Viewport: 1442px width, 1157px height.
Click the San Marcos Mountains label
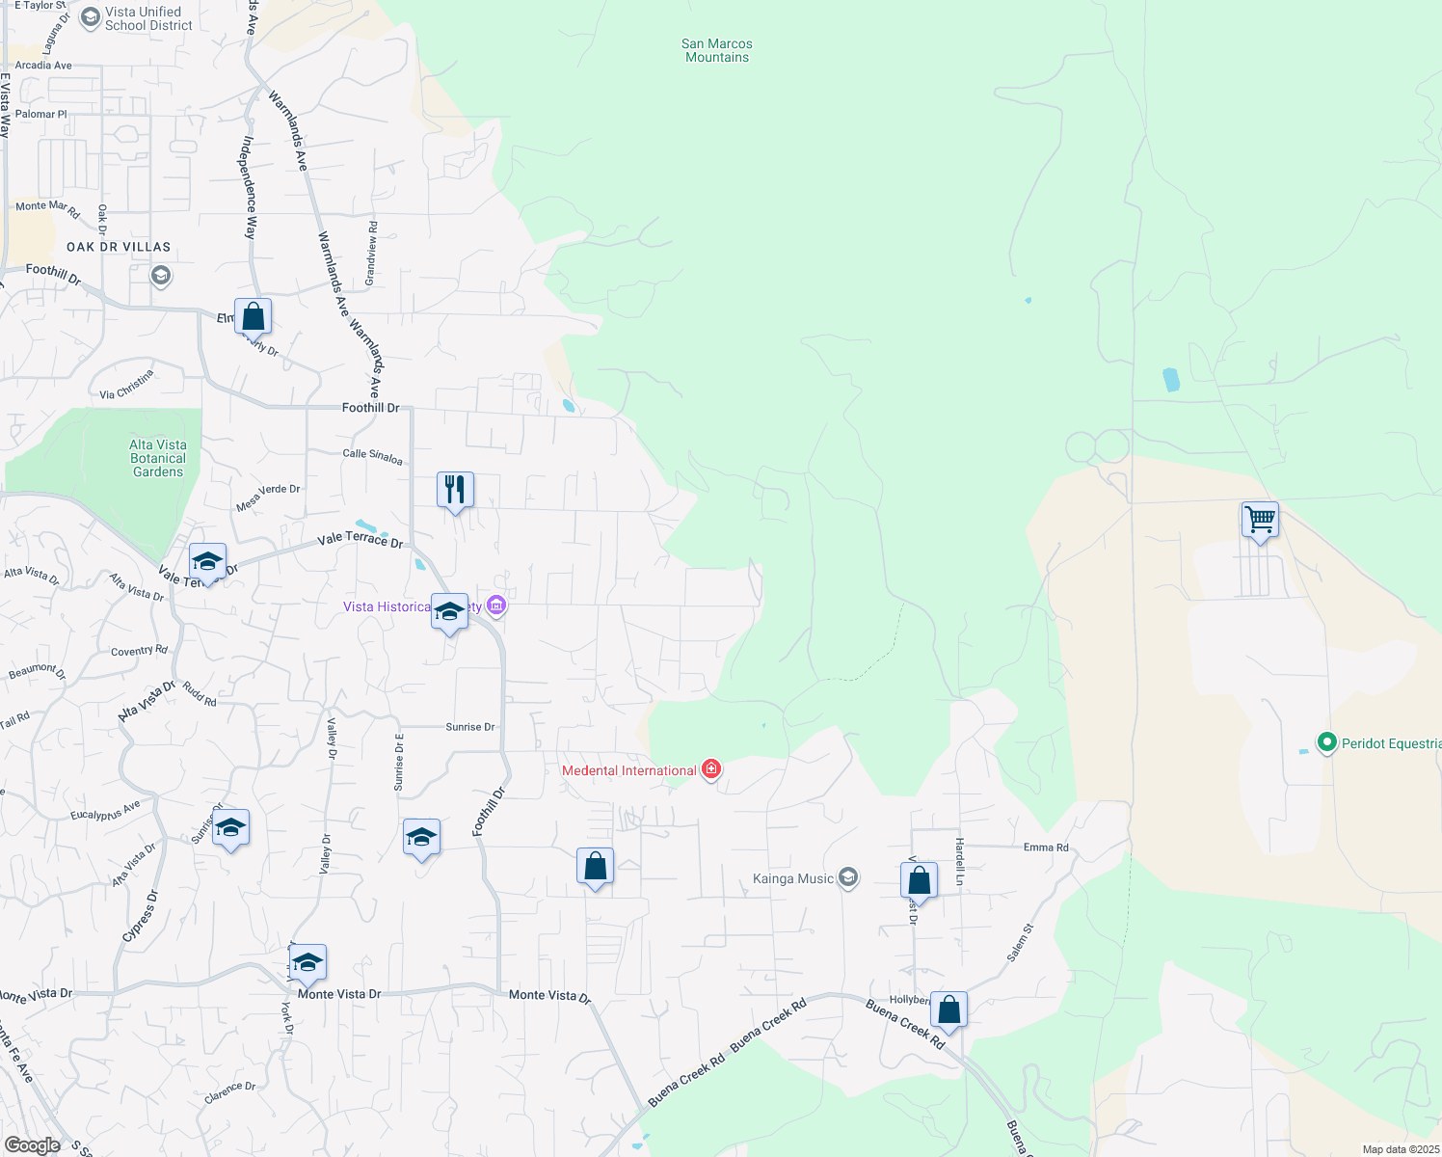[x=716, y=50]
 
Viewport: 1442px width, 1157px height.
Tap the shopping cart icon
[x=1260, y=520]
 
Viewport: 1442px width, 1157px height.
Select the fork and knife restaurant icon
[x=455, y=490]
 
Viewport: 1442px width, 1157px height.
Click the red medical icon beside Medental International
[x=711, y=769]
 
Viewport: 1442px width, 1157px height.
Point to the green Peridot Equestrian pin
[x=1326, y=742]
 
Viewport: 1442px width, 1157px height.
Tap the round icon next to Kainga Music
[x=848, y=877]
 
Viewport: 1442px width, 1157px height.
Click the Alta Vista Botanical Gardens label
[x=158, y=458]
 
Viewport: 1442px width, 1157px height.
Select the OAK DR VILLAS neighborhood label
[x=119, y=247]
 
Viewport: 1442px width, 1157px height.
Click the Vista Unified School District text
[x=148, y=18]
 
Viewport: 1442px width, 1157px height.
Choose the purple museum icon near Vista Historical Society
[x=496, y=605]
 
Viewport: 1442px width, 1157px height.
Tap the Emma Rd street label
[x=1046, y=848]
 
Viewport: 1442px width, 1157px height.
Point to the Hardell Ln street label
[x=960, y=861]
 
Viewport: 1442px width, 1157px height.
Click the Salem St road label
[x=1020, y=942]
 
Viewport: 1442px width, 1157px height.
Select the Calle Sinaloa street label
[x=372, y=455]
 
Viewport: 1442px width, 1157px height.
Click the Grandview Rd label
[x=372, y=253]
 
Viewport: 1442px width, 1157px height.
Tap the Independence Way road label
[x=250, y=187]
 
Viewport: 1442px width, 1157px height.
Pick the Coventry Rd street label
[x=139, y=651]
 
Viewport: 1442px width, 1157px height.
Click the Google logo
[x=32, y=1145]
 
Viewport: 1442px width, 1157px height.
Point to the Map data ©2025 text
[x=1400, y=1149]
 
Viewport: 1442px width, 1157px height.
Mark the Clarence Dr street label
[x=230, y=1092]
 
